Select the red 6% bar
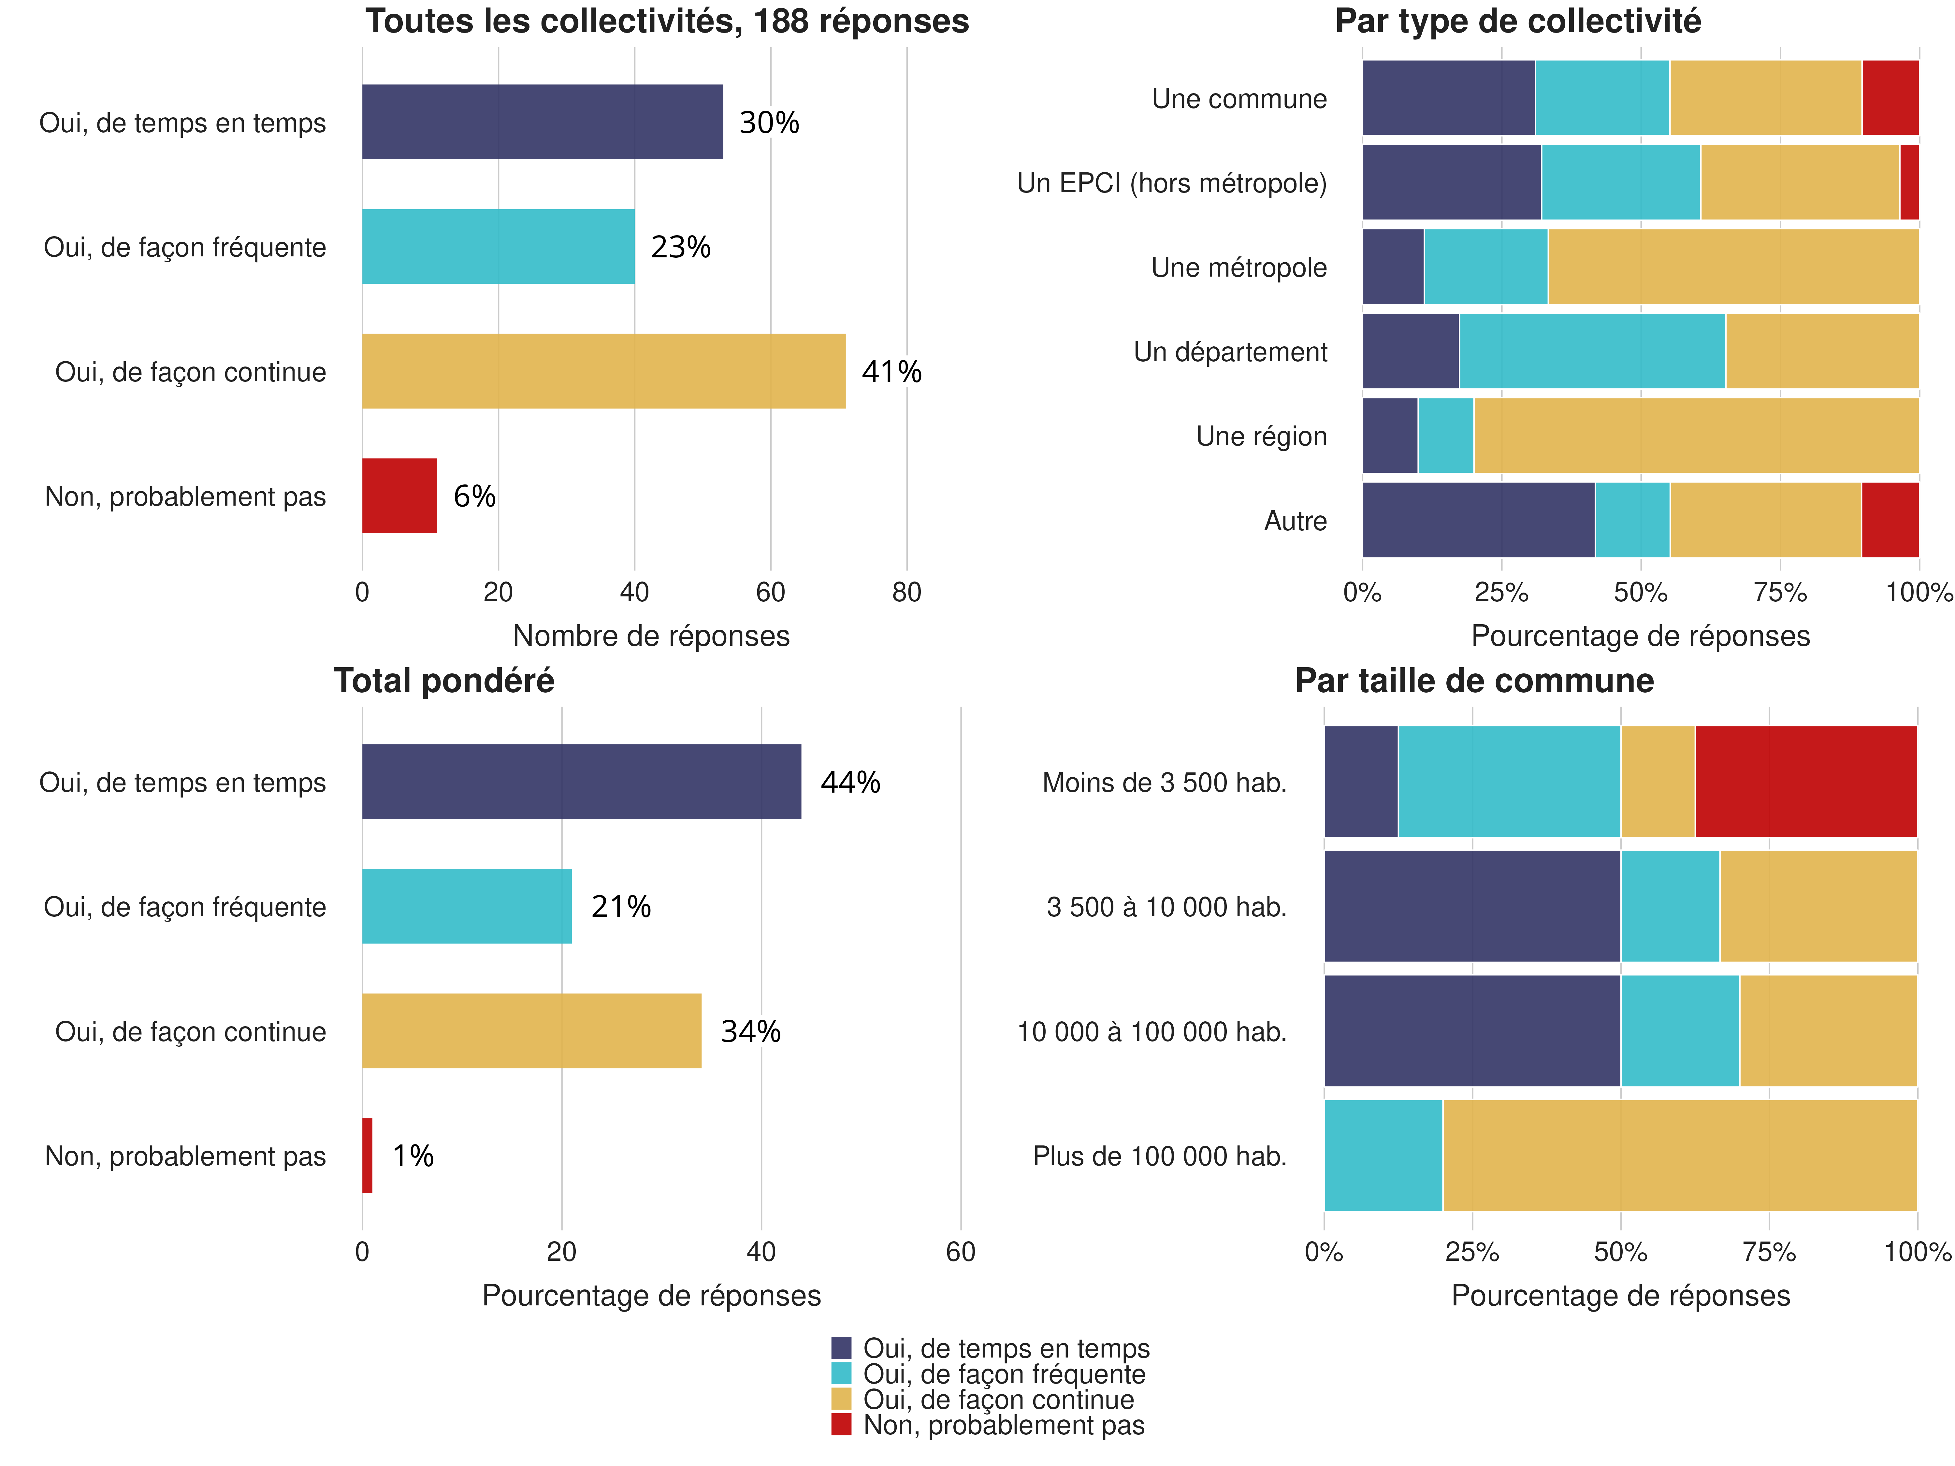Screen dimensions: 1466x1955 (399, 496)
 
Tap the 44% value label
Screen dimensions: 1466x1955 (850, 782)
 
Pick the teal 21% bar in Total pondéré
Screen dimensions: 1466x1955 (467, 907)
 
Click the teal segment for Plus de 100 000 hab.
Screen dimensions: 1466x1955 (1383, 1155)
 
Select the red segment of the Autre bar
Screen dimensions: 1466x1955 (1890, 520)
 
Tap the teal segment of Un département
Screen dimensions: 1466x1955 (1592, 351)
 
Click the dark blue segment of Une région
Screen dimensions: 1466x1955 (1390, 436)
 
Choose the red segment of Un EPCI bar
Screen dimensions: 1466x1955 (1909, 182)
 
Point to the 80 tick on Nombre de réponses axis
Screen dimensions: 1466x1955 (907, 592)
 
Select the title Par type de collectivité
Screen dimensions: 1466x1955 (1517, 21)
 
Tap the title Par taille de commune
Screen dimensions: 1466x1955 (1474, 681)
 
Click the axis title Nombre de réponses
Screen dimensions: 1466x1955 (651, 635)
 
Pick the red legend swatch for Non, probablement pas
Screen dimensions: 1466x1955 (841, 1425)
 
